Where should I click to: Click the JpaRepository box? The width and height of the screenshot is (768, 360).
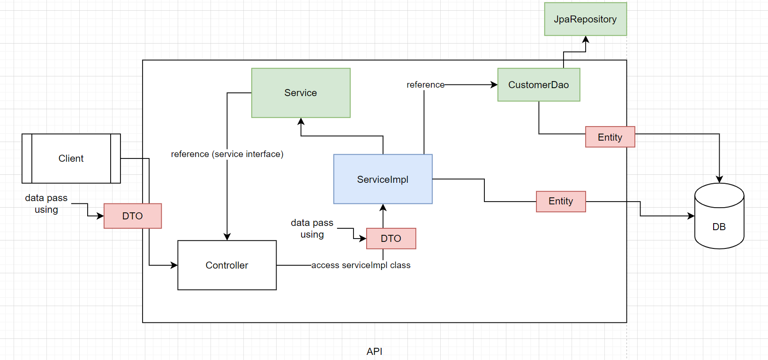click(585, 19)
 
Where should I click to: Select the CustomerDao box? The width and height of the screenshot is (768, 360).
click(538, 85)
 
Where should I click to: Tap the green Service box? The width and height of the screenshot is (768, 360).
click(301, 93)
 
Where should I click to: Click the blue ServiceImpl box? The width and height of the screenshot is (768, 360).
click(383, 179)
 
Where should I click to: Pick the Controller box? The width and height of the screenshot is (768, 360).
click(227, 265)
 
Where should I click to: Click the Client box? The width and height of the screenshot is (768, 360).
click(71, 158)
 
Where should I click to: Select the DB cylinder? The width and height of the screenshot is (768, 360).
click(719, 220)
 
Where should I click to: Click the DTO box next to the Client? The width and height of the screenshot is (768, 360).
click(132, 216)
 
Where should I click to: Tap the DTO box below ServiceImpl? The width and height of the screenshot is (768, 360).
click(391, 239)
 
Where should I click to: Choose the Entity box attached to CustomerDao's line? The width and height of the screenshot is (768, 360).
click(610, 137)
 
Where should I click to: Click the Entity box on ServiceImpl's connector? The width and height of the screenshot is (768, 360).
click(560, 202)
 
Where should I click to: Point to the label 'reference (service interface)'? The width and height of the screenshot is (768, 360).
click(227, 154)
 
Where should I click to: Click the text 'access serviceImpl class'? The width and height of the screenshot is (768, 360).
click(361, 265)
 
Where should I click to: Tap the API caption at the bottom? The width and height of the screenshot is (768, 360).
click(374, 351)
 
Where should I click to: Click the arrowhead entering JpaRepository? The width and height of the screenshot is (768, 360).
click(586, 39)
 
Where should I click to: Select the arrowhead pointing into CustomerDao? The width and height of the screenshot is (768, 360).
click(494, 85)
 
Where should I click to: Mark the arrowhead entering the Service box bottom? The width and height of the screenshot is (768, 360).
click(301, 121)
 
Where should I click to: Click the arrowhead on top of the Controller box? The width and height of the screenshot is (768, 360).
click(227, 237)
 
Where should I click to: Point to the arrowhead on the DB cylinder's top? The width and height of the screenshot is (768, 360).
click(719, 179)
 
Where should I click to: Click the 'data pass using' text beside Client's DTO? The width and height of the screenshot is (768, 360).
click(46, 204)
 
